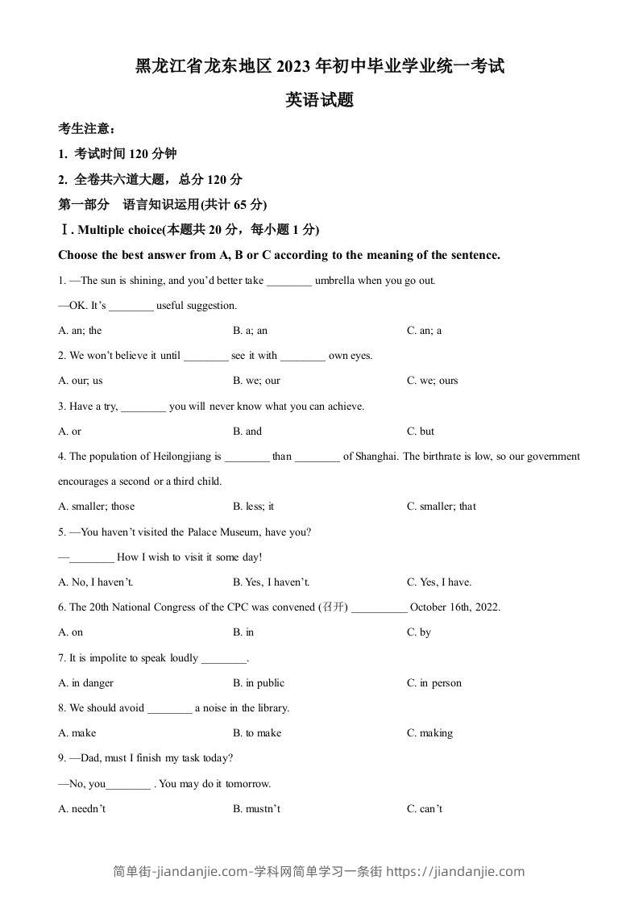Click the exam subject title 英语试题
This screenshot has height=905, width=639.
pos(320,101)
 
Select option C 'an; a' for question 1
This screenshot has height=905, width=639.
pos(424,330)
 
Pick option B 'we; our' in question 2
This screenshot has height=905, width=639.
pos(256,381)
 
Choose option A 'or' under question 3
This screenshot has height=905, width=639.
pos(70,432)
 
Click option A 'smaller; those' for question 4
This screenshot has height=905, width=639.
pos(97,507)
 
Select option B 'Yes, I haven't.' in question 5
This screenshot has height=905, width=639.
pos(272,582)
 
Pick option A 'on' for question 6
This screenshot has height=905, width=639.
pos(71,632)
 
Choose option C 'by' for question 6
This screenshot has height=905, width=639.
pos(419,632)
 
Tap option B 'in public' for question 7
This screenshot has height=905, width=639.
pos(259,683)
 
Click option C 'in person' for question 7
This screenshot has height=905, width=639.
pos(434,683)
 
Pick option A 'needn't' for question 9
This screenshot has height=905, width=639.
pos(82,809)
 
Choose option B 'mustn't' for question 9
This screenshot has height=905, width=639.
pos(256,809)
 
